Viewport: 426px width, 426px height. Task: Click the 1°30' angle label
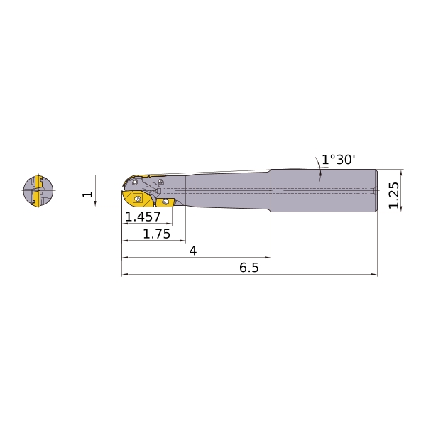pos(339,160)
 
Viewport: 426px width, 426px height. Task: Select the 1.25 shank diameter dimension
pos(393,195)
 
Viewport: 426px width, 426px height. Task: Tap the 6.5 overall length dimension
pos(249,268)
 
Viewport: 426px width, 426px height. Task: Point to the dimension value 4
pos(193,251)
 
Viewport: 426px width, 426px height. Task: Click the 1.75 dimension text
pos(157,234)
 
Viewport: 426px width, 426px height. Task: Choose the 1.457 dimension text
pos(143,217)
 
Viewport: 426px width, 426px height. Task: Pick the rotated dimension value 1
pos(88,195)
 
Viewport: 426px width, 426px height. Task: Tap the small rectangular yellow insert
pos(165,202)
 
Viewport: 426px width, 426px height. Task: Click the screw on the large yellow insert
pos(138,200)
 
